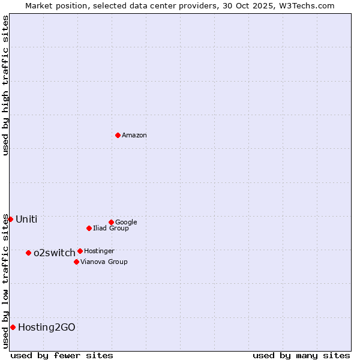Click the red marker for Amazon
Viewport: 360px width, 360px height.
118,135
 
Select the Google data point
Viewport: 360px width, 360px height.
111,222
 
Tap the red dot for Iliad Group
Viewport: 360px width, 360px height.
89,228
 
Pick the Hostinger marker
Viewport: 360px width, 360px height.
80,251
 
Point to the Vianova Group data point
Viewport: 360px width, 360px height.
76,262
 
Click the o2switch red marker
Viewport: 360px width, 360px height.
28,253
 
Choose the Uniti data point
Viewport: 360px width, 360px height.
10,219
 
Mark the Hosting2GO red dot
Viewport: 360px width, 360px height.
13,327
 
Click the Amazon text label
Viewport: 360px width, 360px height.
134,135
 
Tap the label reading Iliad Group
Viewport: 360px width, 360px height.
111,228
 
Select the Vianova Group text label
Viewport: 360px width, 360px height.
104,262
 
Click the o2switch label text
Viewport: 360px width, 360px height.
55,253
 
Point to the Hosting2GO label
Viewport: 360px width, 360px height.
47,327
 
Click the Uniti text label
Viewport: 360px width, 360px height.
26,219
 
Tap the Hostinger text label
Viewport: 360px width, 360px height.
99,251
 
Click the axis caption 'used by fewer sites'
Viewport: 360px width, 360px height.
62,355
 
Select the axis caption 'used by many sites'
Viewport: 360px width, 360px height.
301,355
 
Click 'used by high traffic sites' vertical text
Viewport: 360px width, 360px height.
5,85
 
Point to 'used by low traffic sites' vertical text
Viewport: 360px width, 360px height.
5,281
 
